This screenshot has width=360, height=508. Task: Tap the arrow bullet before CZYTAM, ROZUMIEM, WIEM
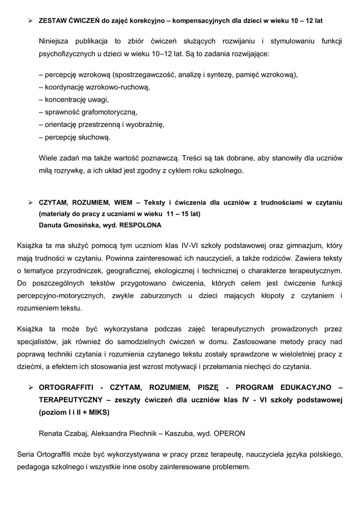tap(30, 202)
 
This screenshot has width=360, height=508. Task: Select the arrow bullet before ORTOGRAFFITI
tap(30, 387)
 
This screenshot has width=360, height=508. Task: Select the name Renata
tap(51, 433)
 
